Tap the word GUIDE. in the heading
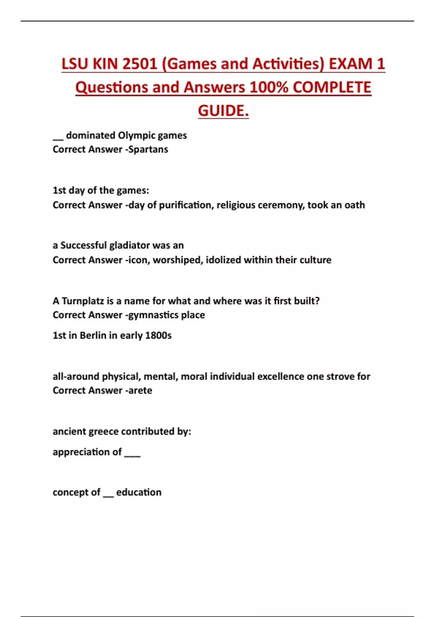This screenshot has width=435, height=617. click(223, 111)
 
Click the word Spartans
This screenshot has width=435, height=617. click(148, 150)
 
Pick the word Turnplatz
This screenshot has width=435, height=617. click(83, 301)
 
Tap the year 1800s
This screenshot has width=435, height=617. click(158, 335)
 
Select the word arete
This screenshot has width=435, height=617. click(140, 391)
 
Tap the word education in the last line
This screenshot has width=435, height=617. click(139, 493)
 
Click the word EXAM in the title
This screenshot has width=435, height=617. click(351, 64)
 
